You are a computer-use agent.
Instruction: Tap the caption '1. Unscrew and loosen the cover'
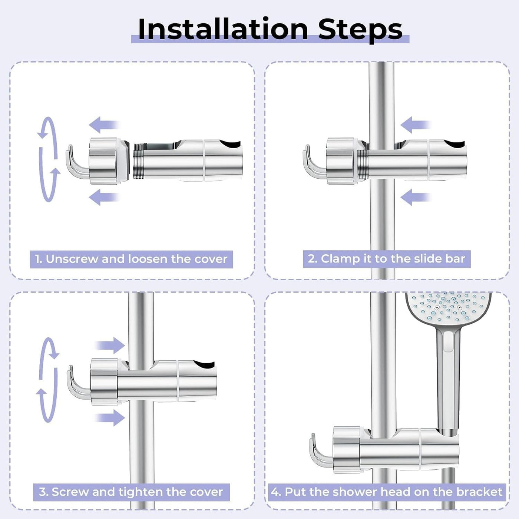131,259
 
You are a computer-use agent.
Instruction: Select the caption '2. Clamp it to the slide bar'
387,259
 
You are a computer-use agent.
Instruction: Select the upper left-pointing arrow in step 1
104,125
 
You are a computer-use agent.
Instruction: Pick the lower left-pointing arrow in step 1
104,197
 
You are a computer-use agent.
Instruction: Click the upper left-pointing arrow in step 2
416,125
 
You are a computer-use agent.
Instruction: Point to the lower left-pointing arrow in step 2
416,197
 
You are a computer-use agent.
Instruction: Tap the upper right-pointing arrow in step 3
110,345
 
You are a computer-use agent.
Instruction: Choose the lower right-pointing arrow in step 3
110,418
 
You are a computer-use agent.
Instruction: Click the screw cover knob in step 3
104,381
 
